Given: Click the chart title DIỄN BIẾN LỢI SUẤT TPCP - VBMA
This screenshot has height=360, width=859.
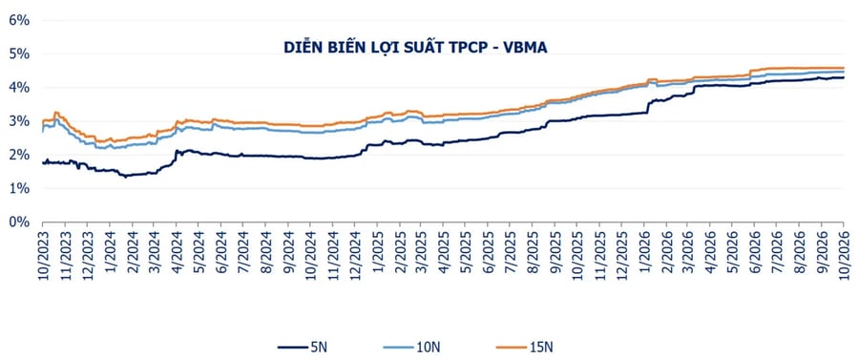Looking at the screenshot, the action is pyautogui.click(x=416, y=48).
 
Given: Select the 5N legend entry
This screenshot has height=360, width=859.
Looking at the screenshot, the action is pyautogui.click(x=303, y=347).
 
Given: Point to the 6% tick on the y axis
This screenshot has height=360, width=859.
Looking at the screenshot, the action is pyautogui.click(x=19, y=20).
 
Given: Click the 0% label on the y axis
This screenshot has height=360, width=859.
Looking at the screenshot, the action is pyautogui.click(x=19, y=222).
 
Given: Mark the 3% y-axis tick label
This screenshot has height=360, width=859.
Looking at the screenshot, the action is pyautogui.click(x=19, y=121).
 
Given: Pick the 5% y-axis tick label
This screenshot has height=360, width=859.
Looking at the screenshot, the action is pyautogui.click(x=19, y=54).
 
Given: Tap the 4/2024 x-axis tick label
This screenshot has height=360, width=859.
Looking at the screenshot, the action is pyautogui.click(x=177, y=258).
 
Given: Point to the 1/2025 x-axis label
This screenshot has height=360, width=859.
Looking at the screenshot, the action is pyautogui.click(x=377, y=258).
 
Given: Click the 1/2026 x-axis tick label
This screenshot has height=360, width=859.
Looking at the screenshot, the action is pyautogui.click(x=643, y=258).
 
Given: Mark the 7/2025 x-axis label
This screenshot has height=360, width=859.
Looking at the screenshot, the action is pyautogui.click(x=510, y=258).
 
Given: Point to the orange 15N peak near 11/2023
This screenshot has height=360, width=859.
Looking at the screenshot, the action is pyautogui.click(x=56, y=113).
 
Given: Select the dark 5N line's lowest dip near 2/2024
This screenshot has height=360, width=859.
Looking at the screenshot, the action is pyautogui.click(x=125, y=177).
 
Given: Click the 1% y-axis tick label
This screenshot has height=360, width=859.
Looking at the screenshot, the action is pyautogui.click(x=19, y=188).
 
